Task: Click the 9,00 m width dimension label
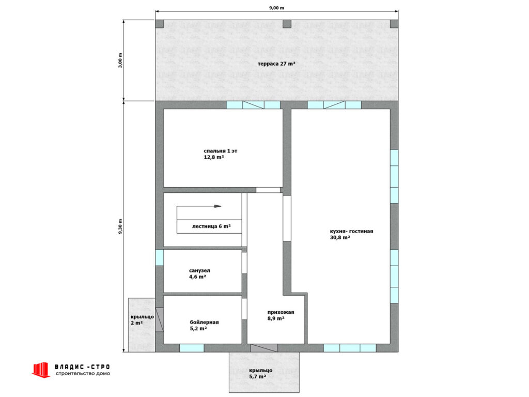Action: click(x=276, y=8)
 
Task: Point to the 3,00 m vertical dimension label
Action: click(x=120, y=60)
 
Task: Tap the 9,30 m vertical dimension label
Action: click(x=120, y=227)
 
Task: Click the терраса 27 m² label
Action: click(x=277, y=64)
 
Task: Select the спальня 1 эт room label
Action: click(x=220, y=151)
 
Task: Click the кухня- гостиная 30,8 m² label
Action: click(x=351, y=234)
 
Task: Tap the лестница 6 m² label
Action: click(x=211, y=226)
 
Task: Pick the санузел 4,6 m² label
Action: click(x=199, y=273)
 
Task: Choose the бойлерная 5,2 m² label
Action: click(x=204, y=325)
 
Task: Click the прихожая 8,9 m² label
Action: click(x=281, y=315)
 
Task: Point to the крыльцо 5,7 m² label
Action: click(x=261, y=373)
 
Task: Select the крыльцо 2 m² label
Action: click(x=142, y=319)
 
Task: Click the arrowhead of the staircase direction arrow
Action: click(x=217, y=206)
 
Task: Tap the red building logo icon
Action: click(x=41, y=370)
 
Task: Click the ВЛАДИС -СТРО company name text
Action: click(x=82, y=367)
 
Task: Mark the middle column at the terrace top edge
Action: click(x=287, y=24)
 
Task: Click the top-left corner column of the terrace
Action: click(x=159, y=24)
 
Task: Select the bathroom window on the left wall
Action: click(x=159, y=257)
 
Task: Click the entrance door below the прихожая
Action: click(x=264, y=348)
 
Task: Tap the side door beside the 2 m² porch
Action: click(x=159, y=319)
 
